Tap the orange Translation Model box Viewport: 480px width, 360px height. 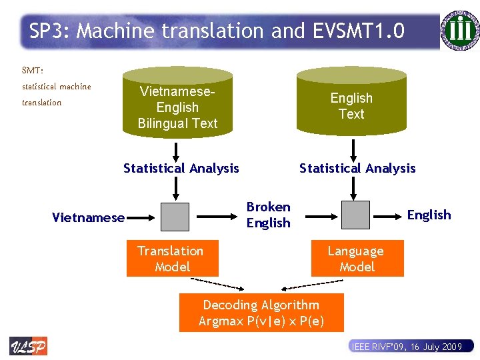click(x=172, y=259)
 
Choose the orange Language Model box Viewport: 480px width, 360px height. click(x=357, y=259)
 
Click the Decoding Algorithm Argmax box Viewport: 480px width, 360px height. click(x=261, y=313)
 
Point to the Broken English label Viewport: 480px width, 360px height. click(x=268, y=215)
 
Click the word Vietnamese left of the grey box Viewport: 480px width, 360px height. click(x=88, y=217)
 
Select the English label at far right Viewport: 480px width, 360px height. click(x=429, y=215)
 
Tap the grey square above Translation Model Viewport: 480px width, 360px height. click(x=175, y=215)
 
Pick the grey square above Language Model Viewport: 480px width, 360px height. click(x=355, y=215)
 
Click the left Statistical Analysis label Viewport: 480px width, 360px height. click(x=181, y=168)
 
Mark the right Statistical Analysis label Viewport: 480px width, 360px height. click(x=357, y=168)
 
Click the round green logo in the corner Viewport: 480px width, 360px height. click(x=459, y=29)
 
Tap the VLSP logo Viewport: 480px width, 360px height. click(x=28, y=346)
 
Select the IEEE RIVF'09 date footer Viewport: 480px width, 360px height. click(x=407, y=346)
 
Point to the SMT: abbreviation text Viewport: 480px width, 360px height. click(x=33, y=69)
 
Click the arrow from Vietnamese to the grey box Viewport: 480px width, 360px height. click(x=141, y=216)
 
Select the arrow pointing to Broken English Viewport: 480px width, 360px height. click(x=217, y=215)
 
